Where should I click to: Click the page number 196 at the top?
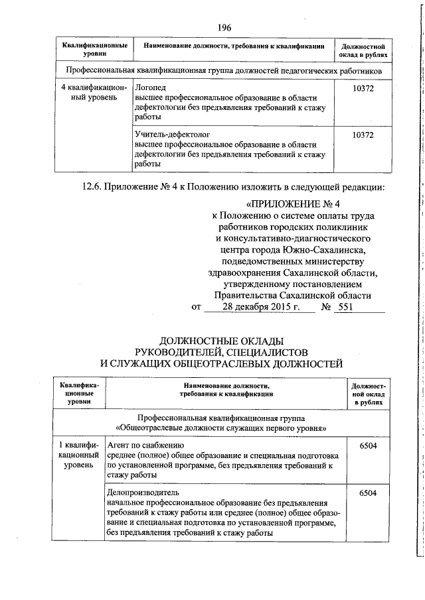tap(224, 27)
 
